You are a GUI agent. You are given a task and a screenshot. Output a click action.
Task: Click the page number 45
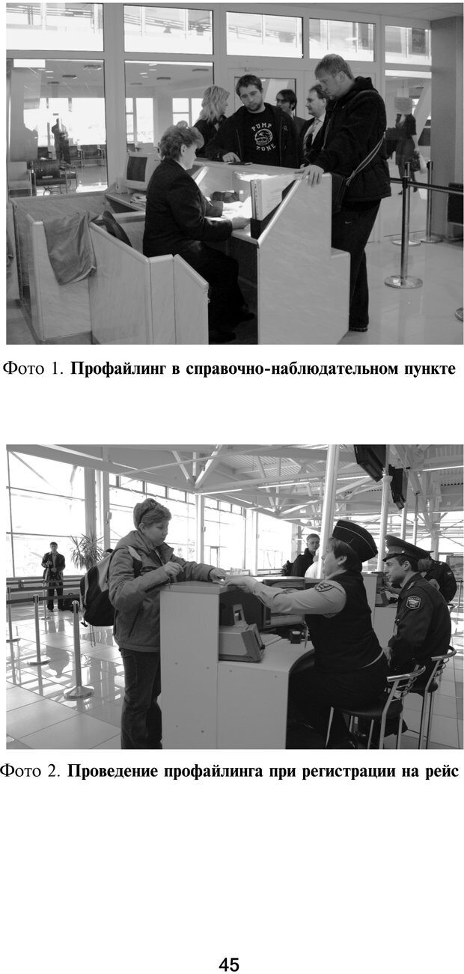tap(229, 964)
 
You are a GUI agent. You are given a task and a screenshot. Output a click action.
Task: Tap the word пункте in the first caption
tap(430, 369)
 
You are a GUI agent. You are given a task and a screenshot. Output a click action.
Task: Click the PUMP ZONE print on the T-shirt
tap(263, 136)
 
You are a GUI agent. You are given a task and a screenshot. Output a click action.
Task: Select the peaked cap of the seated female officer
tap(354, 539)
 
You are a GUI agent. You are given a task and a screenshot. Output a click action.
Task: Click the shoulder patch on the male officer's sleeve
tap(412, 602)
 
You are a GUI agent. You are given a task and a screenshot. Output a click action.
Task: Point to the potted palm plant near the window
tap(87, 551)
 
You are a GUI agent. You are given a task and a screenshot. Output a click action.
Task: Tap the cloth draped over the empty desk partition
tap(70, 246)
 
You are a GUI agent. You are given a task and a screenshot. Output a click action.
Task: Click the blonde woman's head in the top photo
tap(214, 103)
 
